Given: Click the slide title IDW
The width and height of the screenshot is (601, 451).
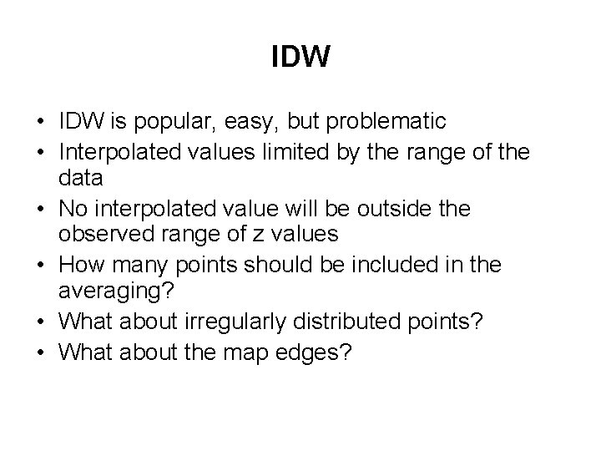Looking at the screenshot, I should pyautogui.click(x=300, y=58).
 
